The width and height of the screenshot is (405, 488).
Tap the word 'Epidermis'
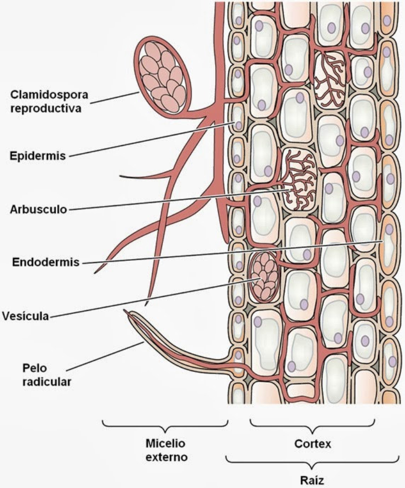[38, 155]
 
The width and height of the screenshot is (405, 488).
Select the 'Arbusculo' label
[38, 209]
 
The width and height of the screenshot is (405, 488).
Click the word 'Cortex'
[312, 444]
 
